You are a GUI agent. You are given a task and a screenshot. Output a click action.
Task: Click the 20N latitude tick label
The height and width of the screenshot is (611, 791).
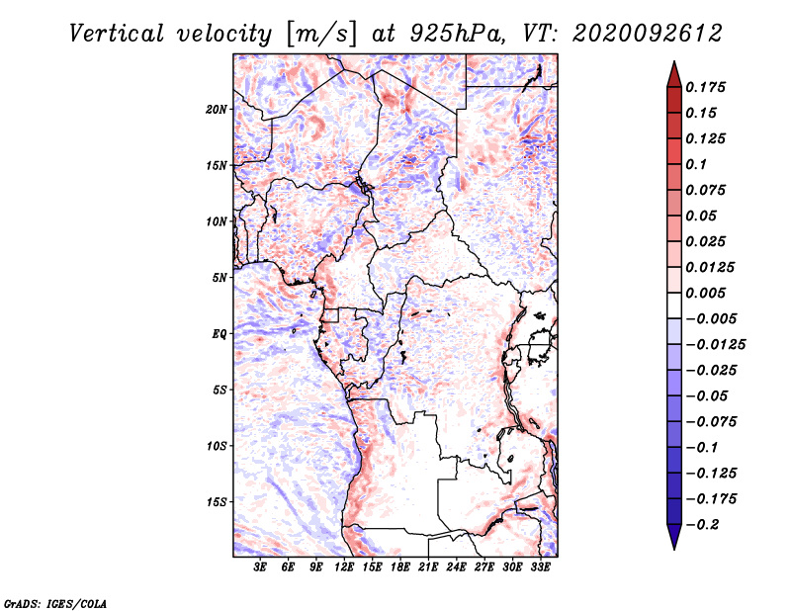[x=217, y=109]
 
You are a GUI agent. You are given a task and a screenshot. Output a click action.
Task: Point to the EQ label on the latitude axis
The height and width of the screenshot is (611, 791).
[x=219, y=333]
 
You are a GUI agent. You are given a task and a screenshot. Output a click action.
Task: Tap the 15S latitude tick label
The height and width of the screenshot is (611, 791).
[x=217, y=501]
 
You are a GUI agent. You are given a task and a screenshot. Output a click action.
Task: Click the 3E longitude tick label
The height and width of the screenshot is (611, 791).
[x=260, y=567]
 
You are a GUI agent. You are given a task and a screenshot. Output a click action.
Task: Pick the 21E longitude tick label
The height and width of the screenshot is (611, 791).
[x=428, y=567]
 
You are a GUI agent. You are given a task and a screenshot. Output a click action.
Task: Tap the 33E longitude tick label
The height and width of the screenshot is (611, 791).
[x=540, y=567]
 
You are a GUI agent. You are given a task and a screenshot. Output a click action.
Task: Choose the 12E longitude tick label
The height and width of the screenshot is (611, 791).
[x=344, y=567]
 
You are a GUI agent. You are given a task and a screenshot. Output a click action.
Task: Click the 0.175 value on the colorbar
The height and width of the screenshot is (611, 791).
[x=707, y=87]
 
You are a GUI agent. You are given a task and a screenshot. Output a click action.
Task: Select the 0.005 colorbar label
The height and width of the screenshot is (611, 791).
[x=707, y=293]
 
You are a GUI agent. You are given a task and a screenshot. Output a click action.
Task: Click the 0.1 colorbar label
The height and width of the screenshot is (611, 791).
[x=697, y=164]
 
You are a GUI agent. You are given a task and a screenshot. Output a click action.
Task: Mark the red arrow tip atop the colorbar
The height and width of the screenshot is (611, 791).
[x=672, y=65]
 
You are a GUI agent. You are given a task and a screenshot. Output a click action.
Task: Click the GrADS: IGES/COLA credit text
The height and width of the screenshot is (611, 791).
[x=54, y=602]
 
